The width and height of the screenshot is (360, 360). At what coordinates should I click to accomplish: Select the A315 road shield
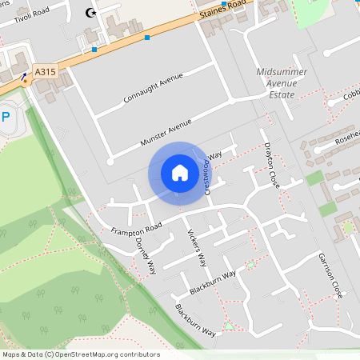46,72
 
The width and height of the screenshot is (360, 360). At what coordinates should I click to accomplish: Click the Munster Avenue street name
166,131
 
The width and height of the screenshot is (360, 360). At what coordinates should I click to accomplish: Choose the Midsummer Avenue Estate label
276,82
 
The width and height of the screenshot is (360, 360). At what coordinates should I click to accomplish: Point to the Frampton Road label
137,228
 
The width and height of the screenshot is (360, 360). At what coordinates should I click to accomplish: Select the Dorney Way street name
145,255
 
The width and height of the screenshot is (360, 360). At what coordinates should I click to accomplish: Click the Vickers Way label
197,249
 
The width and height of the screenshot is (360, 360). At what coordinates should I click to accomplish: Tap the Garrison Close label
330,276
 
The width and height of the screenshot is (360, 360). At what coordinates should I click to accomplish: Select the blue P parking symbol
6,117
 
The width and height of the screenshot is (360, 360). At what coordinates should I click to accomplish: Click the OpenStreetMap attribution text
81,354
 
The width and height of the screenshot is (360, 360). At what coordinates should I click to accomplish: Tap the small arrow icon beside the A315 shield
24,79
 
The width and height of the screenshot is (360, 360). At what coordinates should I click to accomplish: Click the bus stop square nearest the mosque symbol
94,50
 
